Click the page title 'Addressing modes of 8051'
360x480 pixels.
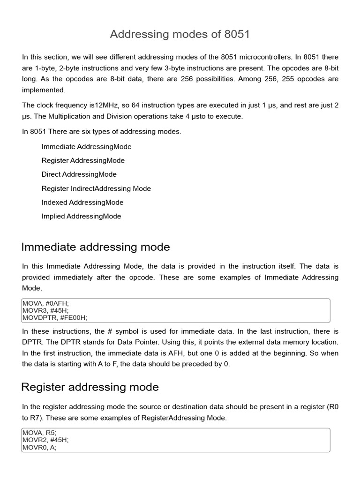coord(180,34)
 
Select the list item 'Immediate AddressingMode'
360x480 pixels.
coord(86,147)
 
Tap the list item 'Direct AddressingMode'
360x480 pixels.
coord(79,174)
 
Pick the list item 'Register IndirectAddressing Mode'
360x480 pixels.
coord(96,188)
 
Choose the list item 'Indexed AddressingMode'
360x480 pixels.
coord(82,202)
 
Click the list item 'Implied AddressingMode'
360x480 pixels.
coord(81,216)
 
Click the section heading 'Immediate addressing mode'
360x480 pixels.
coord(96,247)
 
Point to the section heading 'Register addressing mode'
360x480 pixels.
coord(90,387)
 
